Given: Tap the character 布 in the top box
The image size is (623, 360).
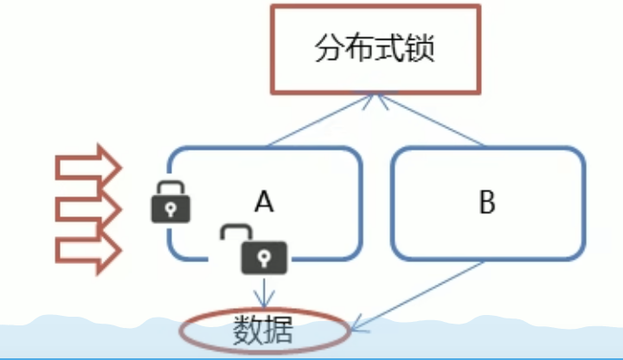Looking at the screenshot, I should (x=362, y=48).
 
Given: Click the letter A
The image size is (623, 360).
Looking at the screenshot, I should (x=264, y=203).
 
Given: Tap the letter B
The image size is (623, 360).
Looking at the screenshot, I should (x=486, y=204).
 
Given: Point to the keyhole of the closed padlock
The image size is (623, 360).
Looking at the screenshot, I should (x=170, y=209).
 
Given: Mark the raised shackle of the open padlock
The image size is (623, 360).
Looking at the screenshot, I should (x=233, y=234).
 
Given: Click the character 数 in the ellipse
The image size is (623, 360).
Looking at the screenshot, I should (x=248, y=330).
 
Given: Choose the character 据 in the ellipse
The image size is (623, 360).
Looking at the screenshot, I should (x=279, y=330).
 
